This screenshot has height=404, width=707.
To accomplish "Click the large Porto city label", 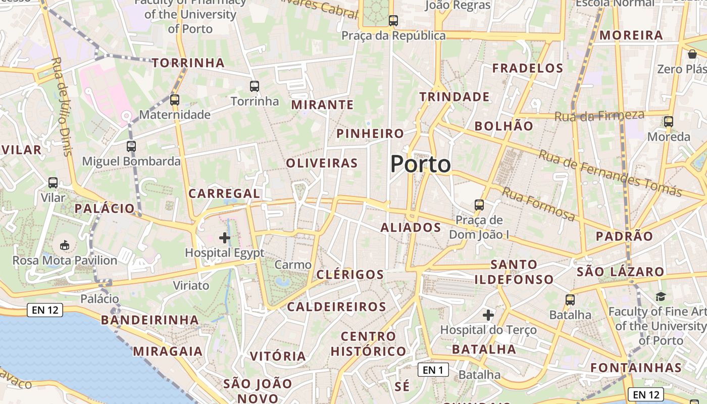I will click(421, 164).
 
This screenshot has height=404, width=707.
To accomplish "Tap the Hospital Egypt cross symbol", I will click(225, 237).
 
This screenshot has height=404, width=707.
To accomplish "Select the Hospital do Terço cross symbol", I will click(488, 316).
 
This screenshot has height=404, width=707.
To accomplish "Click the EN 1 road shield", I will click(433, 370).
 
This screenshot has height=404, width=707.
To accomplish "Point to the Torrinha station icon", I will click(255, 86).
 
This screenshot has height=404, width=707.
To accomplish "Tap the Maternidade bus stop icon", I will click(175, 100).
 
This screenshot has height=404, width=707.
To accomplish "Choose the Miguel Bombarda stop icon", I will click(131, 146).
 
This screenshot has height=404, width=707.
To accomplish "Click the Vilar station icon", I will click(53, 183).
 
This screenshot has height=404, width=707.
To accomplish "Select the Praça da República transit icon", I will click(393, 21).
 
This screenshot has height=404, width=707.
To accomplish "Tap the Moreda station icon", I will click(669, 122).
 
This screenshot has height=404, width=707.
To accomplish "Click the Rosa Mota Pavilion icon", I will click(65, 246).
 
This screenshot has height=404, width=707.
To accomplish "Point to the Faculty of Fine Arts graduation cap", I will click(661, 297).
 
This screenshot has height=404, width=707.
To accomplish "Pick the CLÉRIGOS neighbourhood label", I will click(350, 275).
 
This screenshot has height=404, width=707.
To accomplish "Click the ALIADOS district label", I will click(411, 228).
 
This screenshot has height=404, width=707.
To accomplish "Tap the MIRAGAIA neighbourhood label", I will click(168, 351).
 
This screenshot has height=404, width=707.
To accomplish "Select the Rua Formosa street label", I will click(538, 204).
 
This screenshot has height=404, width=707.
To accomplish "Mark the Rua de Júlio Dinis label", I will click(62, 106).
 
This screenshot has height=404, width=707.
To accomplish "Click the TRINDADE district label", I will click(454, 97).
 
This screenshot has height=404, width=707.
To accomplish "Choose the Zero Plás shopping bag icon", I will click(692, 54).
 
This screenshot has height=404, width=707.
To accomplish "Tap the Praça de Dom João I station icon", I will click(479, 205).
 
